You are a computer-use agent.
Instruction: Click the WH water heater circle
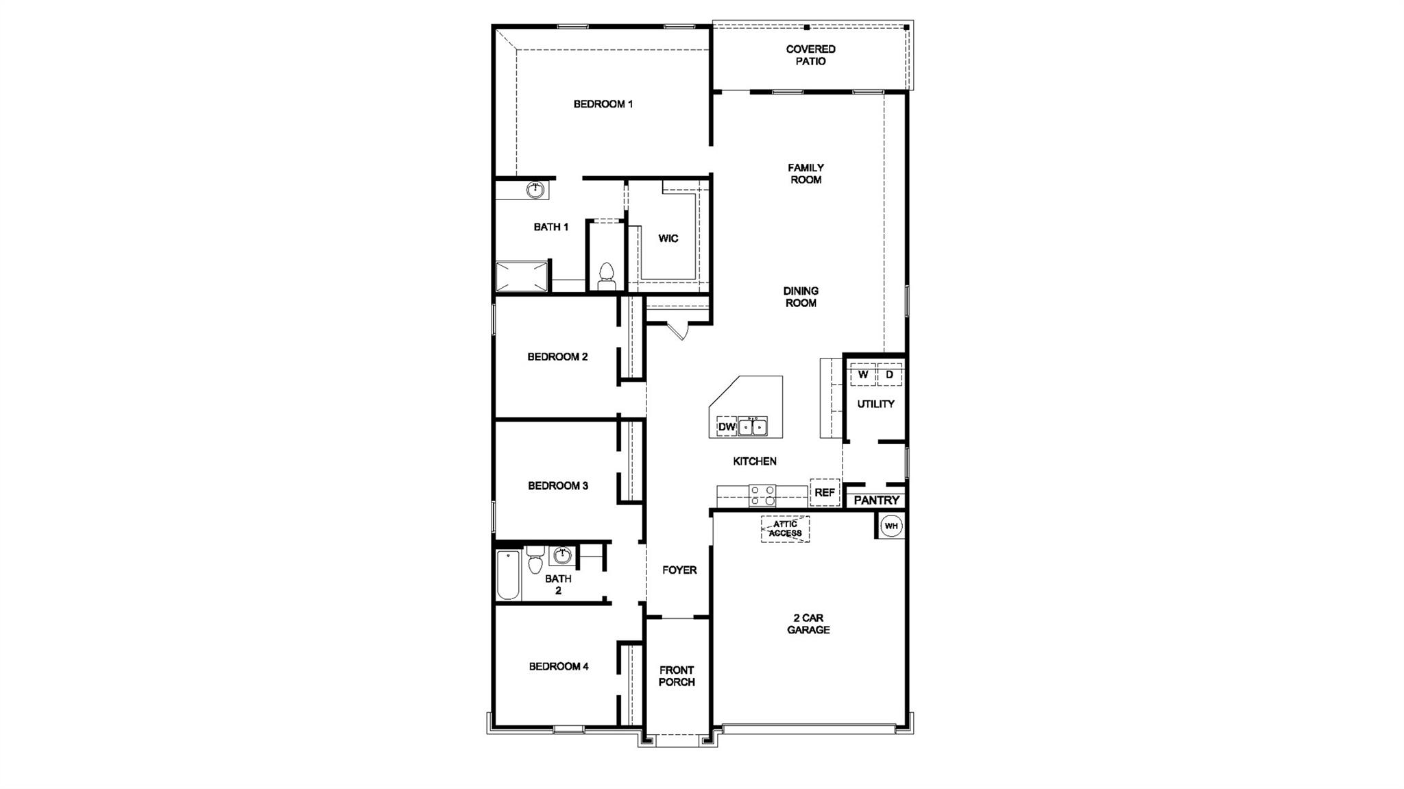(891, 526)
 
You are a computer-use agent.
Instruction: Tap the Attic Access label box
(785, 529)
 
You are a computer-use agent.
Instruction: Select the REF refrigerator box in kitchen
(825, 492)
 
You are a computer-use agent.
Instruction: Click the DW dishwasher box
(727, 426)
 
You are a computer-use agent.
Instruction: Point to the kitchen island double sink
(753, 426)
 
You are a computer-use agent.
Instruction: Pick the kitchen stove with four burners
(762, 496)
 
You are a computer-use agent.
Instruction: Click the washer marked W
(863, 375)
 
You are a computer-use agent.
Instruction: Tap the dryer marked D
(890, 375)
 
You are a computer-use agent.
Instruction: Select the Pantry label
(876, 500)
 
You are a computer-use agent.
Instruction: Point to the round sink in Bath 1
(535, 189)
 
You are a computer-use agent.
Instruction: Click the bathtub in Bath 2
(509, 574)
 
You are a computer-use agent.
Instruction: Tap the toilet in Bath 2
(535, 559)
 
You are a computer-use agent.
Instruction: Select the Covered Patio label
(810, 55)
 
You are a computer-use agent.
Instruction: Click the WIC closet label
(668, 239)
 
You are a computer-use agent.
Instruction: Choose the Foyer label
(679, 570)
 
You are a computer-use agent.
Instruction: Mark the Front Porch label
(677, 676)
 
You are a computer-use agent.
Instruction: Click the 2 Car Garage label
(808, 624)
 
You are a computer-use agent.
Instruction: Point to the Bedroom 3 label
(558, 485)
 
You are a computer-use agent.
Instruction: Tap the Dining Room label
(801, 297)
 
